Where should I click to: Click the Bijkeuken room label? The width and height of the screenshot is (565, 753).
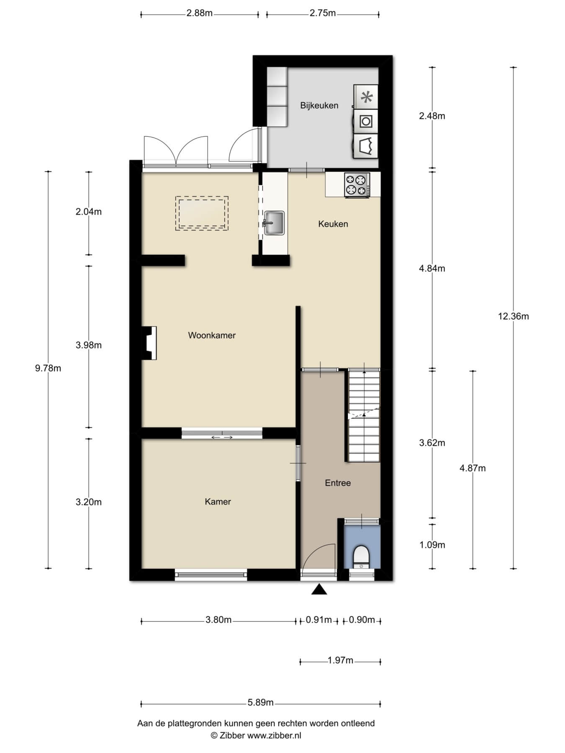pyautogui.click(x=319, y=105)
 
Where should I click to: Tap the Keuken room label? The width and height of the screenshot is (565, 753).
pyautogui.click(x=333, y=224)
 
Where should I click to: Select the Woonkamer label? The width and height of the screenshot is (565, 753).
pyautogui.click(x=212, y=335)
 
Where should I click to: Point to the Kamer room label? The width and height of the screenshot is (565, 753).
pyautogui.click(x=218, y=502)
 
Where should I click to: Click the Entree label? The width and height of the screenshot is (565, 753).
pyautogui.click(x=338, y=483)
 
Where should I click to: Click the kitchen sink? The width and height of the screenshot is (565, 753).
pyautogui.click(x=274, y=223)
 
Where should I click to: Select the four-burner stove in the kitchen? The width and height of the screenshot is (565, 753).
pyautogui.click(x=357, y=185)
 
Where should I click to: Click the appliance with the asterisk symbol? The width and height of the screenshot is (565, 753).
pyautogui.click(x=366, y=97)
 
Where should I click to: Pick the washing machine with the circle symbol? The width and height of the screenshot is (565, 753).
pyautogui.click(x=366, y=121)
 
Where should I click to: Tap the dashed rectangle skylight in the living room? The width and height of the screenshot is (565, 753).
pyautogui.click(x=202, y=213)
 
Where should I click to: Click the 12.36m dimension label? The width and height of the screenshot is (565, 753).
pyautogui.click(x=513, y=316)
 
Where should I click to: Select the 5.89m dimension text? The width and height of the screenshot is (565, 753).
pyautogui.click(x=260, y=702)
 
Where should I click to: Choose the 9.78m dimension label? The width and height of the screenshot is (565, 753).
pyautogui.click(x=48, y=368)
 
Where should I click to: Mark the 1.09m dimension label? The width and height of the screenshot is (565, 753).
pyautogui.click(x=432, y=545)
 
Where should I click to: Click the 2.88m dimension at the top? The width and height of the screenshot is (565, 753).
pyautogui.click(x=200, y=13)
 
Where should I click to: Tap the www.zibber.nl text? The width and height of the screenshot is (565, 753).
pyautogui.click(x=274, y=735)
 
